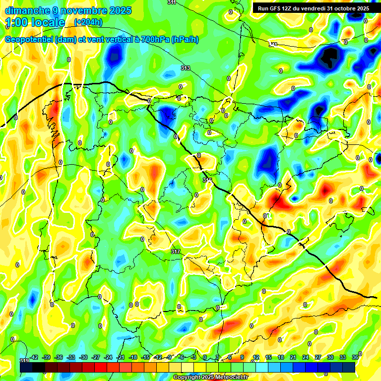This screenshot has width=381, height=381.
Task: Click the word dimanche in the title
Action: point(25,10)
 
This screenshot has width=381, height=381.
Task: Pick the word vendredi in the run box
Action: point(312,8)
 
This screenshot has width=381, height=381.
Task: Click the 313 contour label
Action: point(186,68)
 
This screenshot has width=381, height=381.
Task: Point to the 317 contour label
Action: point(175,252)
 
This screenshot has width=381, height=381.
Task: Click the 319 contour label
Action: point(24,360)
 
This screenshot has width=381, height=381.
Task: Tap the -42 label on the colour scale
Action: point(34,357)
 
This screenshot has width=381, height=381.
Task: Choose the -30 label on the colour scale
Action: point(83,357)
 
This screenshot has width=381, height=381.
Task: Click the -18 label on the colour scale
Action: point(133,357)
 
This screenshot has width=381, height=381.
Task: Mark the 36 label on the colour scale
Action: point(355,357)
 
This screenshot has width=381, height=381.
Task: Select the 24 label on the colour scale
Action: point(305,357)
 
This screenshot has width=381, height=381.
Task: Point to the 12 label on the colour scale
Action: point(255,357)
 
